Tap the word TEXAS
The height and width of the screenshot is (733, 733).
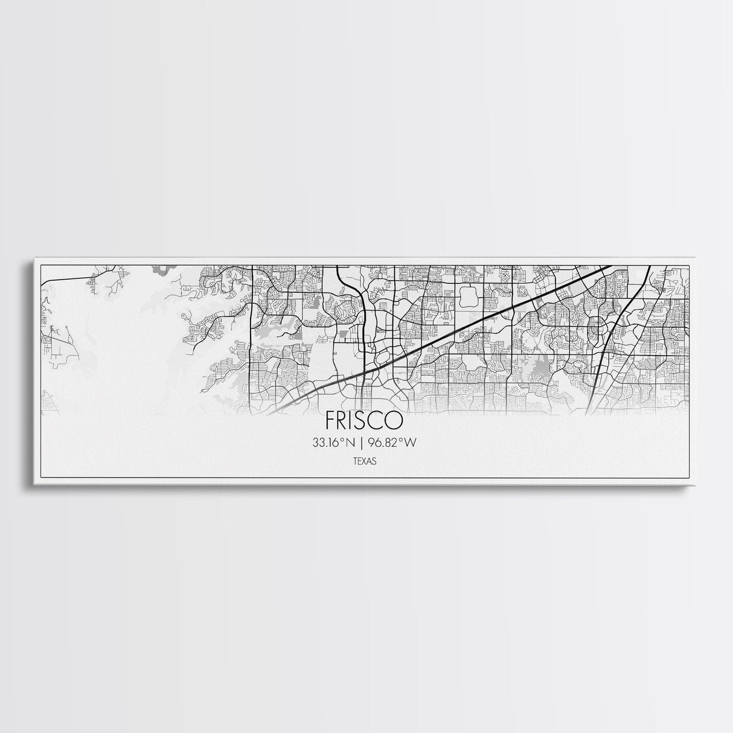(365, 461)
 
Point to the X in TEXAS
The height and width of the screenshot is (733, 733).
(365, 461)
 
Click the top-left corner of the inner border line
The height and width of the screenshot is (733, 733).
(40, 264)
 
